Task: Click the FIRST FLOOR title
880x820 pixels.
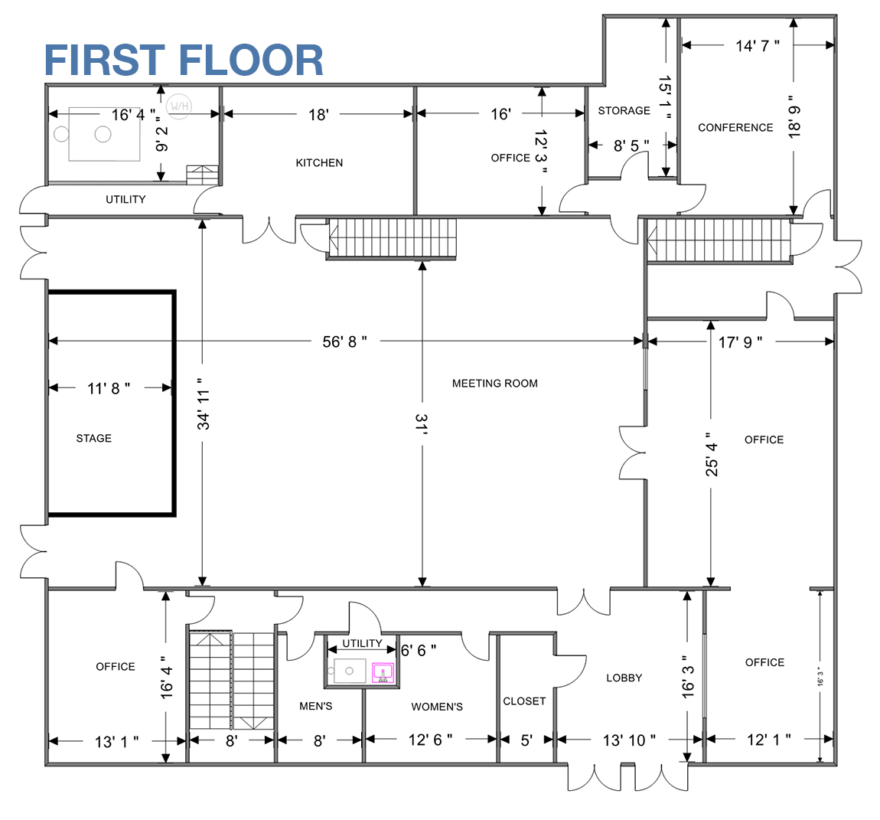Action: [184, 60]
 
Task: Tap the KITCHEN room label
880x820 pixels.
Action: [319, 163]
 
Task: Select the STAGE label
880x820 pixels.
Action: [93, 438]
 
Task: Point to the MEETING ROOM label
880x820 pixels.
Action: [495, 383]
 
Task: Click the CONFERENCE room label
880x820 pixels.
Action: [736, 128]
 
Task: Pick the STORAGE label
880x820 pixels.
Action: [624, 111]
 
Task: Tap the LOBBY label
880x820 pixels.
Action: [624, 678]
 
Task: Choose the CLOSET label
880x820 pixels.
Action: [524, 701]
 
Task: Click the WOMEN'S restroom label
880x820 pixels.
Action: [437, 707]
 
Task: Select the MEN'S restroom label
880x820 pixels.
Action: [316, 706]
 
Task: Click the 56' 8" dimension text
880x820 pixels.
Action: [344, 341]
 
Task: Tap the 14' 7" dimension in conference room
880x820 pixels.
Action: [758, 45]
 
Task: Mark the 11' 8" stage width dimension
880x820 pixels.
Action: [109, 388]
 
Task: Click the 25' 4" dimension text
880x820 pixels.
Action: [712, 454]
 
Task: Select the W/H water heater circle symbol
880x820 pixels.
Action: [179, 106]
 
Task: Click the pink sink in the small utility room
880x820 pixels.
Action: [383, 672]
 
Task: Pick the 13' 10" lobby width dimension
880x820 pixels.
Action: [629, 740]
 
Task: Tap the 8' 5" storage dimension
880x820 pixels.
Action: [631, 145]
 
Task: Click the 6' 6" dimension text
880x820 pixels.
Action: [419, 650]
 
